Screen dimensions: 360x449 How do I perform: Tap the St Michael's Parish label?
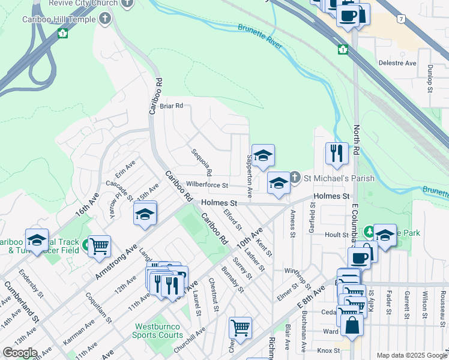point(339,178)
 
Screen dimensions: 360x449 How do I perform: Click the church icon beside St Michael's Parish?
point(295,178)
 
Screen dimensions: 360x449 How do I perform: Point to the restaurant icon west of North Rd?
point(337,153)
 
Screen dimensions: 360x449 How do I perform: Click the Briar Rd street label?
point(171,106)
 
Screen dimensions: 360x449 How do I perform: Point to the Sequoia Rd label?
point(202,161)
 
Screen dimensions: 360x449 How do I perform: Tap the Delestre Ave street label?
point(397,62)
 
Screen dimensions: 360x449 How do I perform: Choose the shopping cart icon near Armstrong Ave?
point(99,245)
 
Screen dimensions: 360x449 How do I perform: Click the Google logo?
point(20,353)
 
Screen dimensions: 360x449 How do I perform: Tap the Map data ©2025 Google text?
point(411,355)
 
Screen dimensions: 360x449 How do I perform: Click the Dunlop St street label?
point(430,79)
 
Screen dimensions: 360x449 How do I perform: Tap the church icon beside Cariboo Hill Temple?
point(106,19)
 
